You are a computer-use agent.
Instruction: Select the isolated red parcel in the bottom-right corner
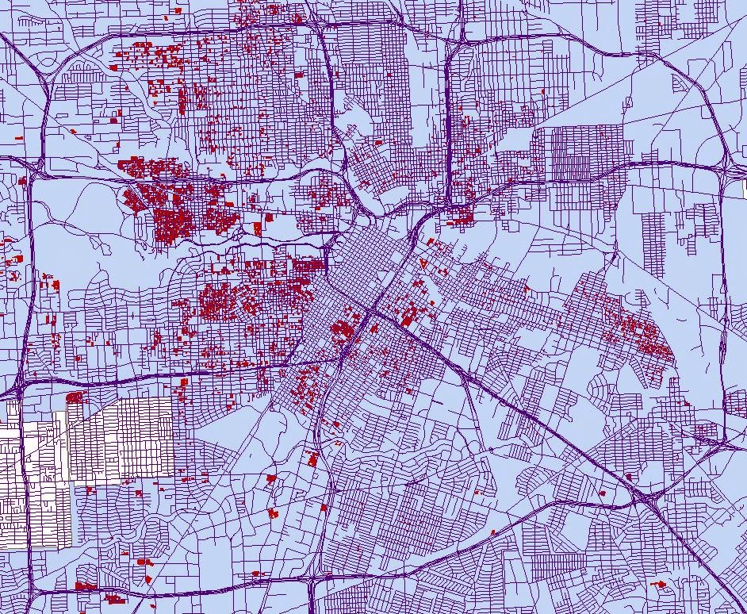click(659, 585)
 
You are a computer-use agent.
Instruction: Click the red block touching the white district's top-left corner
click(74, 397)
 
